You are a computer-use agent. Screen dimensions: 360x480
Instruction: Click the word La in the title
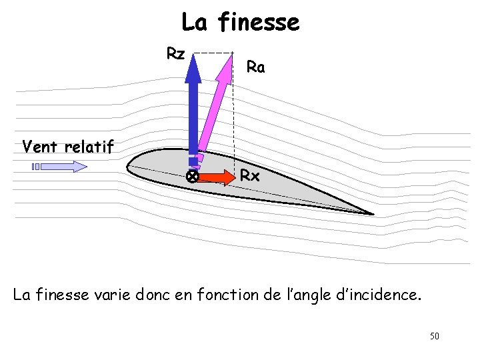pyautogui.click(x=194, y=23)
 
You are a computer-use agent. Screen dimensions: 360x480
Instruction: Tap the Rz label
pyautogui.click(x=175, y=53)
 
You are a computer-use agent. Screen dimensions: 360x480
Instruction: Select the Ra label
pyautogui.click(x=255, y=67)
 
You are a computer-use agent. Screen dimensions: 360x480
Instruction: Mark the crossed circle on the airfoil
pyautogui.click(x=191, y=177)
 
